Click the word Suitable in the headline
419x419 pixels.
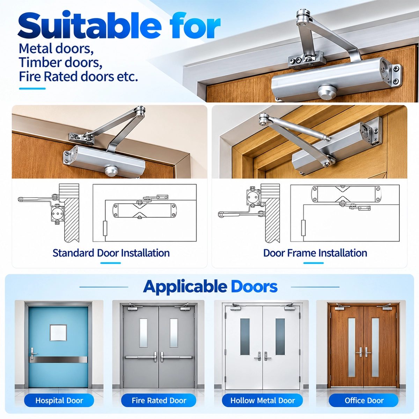coord(89,25)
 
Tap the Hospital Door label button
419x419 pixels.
coord(59,400)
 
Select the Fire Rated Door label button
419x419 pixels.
coord(159,400)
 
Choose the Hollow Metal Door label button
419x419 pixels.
coord(263,400)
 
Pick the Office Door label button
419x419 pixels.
coord(364,400)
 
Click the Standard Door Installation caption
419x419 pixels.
coord(111,253)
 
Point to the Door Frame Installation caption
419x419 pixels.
coord(315,253)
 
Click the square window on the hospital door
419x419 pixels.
coord(58,333)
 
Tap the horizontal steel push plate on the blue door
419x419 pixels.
coord(59,360)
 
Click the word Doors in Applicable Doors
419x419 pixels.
coord(254,287)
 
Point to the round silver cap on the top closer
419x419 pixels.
coord(326,91)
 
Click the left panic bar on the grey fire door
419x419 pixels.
coord(140,357)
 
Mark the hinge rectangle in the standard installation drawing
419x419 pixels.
coord(105,228)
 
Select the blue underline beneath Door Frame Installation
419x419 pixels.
coord(313,263)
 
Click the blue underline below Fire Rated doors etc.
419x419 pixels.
coord(32,88)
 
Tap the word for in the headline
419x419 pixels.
coord(195,25)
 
